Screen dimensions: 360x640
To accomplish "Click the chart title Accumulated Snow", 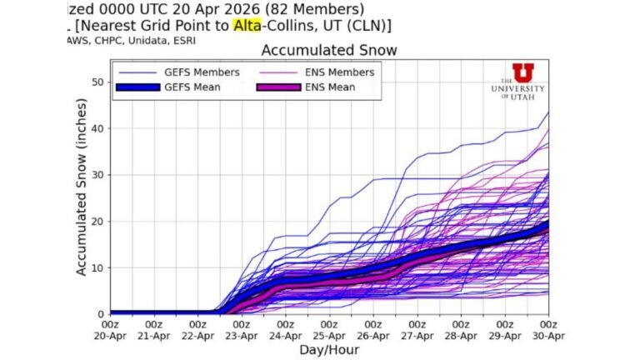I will tap(329, 51).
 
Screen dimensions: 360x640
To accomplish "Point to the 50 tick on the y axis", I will tap(98, 82).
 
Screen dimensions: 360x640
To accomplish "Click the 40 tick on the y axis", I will tap(98, 128).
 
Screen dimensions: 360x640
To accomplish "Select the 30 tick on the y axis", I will tap(98, 175).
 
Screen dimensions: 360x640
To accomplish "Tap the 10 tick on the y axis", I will tap(98, 267).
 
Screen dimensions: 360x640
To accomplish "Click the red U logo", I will tap(523, 72).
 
